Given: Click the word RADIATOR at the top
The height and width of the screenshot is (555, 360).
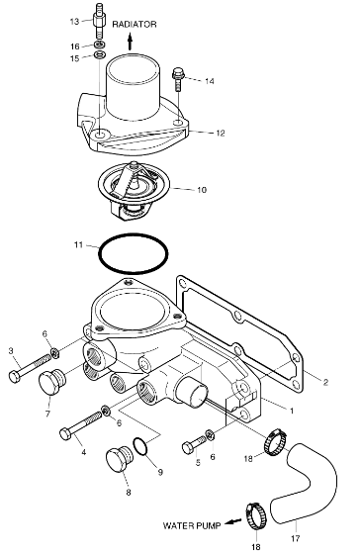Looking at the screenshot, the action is (135, 25).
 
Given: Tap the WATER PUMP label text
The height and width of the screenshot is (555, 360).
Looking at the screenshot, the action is (192, 525).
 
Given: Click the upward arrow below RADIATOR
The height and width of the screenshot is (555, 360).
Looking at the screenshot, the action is (130, 42).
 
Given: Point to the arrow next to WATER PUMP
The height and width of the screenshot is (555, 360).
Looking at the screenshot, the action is (232, 521).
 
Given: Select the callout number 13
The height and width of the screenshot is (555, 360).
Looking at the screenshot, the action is (74, 22).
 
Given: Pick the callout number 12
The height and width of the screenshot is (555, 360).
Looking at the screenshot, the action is (221, 134).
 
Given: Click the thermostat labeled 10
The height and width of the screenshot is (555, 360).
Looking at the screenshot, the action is (134, 191).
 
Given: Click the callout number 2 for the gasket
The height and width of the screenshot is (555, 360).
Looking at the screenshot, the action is (325, 382).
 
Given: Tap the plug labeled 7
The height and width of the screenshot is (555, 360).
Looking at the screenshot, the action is (51, 382).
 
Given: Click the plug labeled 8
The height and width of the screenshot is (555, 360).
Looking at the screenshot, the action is (120, 459).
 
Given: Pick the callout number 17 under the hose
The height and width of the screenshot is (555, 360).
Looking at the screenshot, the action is (296, 539).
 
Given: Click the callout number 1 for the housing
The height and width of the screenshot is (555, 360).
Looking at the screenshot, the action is (292, 411).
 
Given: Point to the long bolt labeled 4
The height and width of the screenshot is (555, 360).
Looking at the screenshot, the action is (81, 425).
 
